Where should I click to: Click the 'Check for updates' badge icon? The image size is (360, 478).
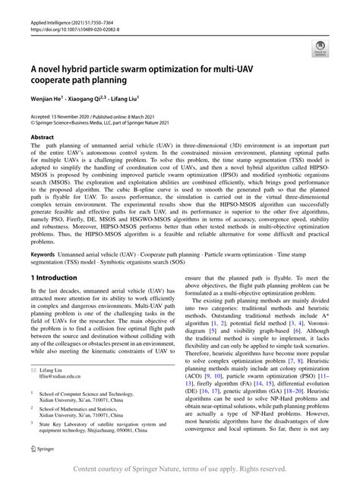click(x=319, y=51)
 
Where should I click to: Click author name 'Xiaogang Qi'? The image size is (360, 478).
click(x=90, y=99)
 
